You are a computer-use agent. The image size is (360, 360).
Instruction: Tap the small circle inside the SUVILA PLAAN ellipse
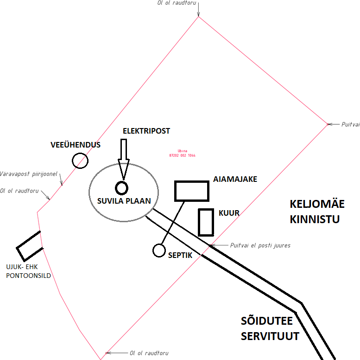(x=121, y=188)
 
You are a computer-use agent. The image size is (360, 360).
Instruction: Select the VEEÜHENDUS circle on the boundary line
(x=80, y=161)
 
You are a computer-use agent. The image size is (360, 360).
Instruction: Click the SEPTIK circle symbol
(x=159, y=251)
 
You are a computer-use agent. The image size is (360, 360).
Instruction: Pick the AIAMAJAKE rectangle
(x=191, y=191)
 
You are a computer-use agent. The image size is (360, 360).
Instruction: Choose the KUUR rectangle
(x=205, y=222)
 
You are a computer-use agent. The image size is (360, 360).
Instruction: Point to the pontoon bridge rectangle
(x=30, y=246)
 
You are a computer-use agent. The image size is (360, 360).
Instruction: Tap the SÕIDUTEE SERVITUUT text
(x=270, y=328)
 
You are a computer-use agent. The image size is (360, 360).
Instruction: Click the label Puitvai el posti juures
(x=260, y=245)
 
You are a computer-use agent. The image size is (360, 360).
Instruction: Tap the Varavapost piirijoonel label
(x=29, y=174)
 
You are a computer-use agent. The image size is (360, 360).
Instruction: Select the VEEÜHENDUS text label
(x=76, y=145)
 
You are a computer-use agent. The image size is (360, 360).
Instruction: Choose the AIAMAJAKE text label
(x=235, y=179)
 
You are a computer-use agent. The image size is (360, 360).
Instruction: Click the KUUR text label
(x=229, y=213)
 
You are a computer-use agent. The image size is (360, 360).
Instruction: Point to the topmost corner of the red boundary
(x=199, y=17)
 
